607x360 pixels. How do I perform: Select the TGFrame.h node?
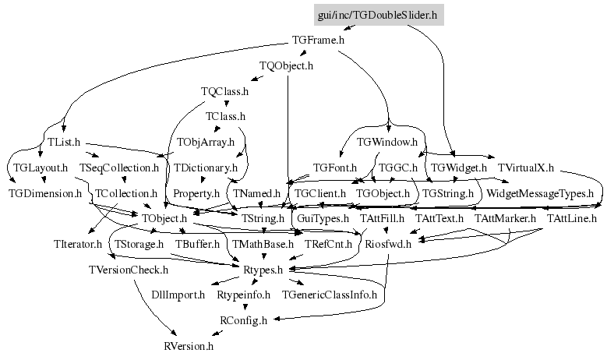(x=318, y=40)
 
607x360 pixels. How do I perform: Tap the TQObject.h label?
(x=286, y=66)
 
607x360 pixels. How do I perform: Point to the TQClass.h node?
(x=224, y=91)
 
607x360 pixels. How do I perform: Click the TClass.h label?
(x=225, y=117)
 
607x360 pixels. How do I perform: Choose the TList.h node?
(x=65, y=143)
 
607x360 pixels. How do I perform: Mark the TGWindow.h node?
(x=387, y=143)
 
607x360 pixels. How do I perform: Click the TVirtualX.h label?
(x=525, y=168)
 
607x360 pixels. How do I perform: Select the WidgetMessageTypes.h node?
(x=539, y=192)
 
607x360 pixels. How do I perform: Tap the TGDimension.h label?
(x=45, y=192)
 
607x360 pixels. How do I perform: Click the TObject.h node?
(x=164, y=218)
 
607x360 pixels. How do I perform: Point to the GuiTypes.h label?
(x=323, y=218)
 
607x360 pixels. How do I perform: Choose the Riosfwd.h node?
(x=387, y=244)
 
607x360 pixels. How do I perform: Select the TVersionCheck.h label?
(x=129, y=270)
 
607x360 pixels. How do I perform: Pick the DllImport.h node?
(x=179, y=295)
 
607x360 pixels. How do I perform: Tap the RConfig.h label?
(x=244, y=319)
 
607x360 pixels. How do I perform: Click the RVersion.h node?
(x=186, y=345)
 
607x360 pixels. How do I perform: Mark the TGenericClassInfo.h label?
(x=329, y=295)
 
